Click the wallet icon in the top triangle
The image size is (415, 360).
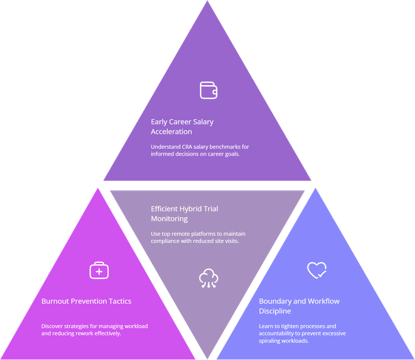208,90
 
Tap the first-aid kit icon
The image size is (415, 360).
99,271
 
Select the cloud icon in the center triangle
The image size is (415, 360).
208,278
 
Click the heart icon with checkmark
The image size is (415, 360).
316,271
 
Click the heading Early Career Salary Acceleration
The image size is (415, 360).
182,126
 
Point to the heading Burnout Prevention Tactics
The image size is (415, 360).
86,301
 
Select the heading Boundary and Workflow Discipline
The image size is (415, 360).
299,306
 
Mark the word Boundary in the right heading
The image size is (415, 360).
275,301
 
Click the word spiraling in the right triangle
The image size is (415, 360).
272,342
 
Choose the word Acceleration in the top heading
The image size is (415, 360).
172,132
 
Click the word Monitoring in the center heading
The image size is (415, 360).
169,219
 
